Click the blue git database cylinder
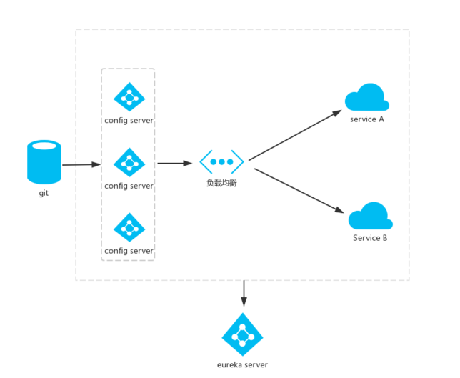(44, 162)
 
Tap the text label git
(44, 193)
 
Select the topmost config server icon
(129, 97)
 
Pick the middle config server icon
(129, 163)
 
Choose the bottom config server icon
(129, 228)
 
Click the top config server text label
(129, 120)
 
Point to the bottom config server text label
(129, 251)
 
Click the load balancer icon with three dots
(221, 162)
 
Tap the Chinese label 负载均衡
(221, 184)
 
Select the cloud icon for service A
(367, 97)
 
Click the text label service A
(367, 119)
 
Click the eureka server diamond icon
(243, 334)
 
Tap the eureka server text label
(243, 364)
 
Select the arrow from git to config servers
(81, 164)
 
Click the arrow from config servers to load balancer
(174, 163)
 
